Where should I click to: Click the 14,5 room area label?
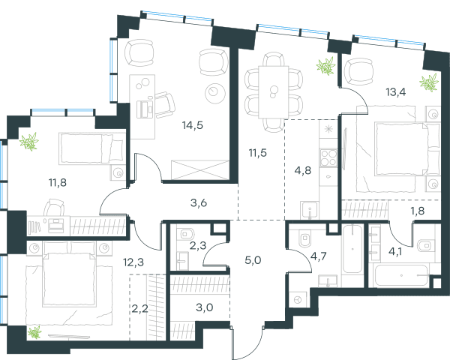click(x=193, y=125)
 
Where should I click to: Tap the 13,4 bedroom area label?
click(x=396, y=92)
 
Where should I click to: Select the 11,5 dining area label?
click(x=258, y=153)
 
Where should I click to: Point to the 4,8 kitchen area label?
click(x=303, y=170)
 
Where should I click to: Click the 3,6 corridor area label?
click(x=199, y=203)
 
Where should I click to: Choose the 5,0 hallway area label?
click(x=253, y=261)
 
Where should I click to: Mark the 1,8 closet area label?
click(x=418, y=211)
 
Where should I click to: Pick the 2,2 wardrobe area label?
click(x=140, y=309)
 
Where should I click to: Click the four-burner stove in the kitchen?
click(x=328, y=157)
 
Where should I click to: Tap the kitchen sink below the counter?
click(x=309, y=210)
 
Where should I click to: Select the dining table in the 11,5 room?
click(x=274, y=92)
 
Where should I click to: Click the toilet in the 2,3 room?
click(x=184, y=234)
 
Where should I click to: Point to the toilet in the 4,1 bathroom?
click(x=425, y=246)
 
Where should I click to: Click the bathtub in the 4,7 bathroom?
click(x=352, y=249)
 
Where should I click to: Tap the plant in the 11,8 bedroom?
click(x=29, y=142)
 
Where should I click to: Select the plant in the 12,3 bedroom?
click(x=34, y=332)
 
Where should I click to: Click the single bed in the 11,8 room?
click(x=91, y=148)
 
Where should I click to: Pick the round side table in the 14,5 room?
click(x=215, y=93)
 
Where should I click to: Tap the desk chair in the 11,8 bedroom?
click(x=54, y=207)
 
